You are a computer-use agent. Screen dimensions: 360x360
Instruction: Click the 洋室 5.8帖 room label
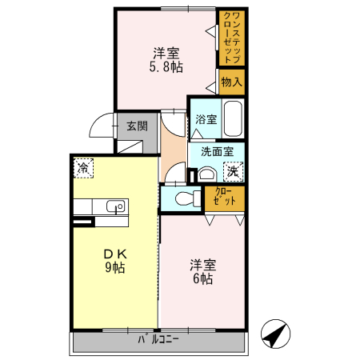[x=166, y=61]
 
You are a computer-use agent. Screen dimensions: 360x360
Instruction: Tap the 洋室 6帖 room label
[x=201, y=272]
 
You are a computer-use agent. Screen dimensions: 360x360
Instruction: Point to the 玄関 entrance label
[x=136, y=126]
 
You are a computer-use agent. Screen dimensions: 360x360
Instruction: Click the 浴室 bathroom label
[x=206, y=119]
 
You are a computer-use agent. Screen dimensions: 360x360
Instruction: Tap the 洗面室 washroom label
[x=216, y=151]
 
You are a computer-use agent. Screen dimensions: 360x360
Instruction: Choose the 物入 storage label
[x=232, y=82]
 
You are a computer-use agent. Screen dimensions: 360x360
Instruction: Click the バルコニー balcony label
[x=158, y=340]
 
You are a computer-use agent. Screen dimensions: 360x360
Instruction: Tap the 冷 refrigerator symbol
[x=83, y=168]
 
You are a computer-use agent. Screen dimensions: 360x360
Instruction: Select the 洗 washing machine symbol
[x=233, y=170]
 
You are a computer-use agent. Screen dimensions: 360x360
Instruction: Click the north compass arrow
[x=274, y=334]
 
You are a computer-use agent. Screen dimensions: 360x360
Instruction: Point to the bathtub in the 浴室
[x=232, y=119]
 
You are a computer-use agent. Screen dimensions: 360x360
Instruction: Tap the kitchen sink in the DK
[x=114, y=206]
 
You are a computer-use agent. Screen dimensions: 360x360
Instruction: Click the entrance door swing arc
[x=100, y=128]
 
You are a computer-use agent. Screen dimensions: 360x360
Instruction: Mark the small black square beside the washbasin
[x=191, y=174]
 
